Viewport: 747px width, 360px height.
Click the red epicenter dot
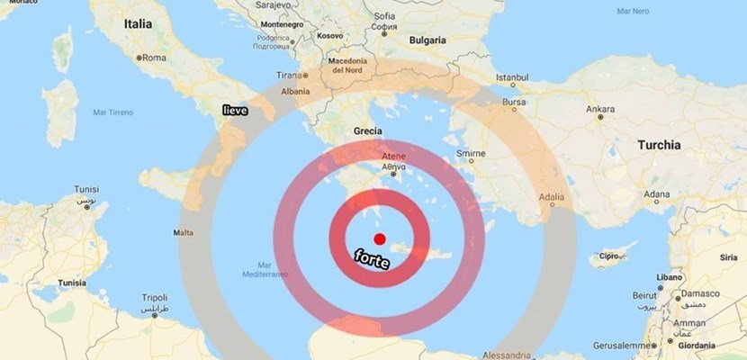(380, 238)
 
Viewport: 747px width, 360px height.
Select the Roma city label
(155, 58)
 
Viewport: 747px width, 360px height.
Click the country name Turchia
(659, 144)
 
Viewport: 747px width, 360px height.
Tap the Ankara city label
(600, 110)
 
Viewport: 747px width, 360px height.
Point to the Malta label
(182, 233)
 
